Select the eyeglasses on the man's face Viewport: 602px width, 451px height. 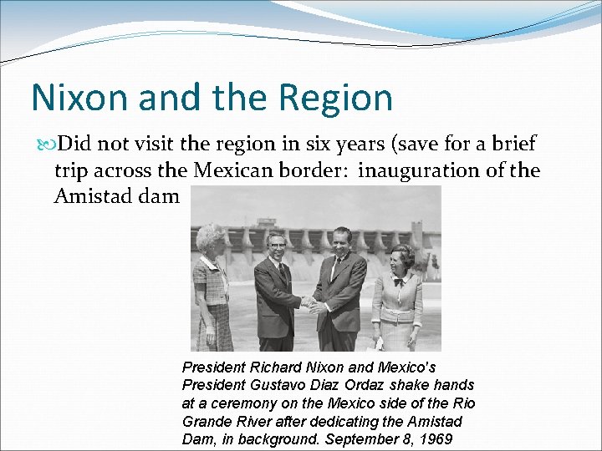(277, 247)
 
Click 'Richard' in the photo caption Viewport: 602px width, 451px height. (274, 367)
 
